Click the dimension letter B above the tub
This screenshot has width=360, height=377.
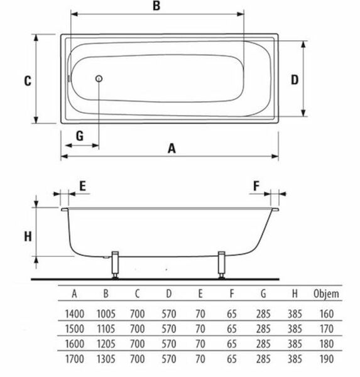(156, 6)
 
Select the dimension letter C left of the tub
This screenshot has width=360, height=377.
(28, 81)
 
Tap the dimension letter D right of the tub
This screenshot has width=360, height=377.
(295, 80)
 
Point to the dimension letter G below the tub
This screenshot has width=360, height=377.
(80, 136)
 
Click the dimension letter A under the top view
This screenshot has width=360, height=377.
(172, 148)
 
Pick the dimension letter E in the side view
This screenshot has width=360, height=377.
(82, 186)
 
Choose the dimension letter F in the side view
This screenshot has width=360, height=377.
(256, 186)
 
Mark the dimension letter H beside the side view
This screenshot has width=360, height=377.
(28, 236)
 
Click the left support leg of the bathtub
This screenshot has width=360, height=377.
(116, 265)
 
